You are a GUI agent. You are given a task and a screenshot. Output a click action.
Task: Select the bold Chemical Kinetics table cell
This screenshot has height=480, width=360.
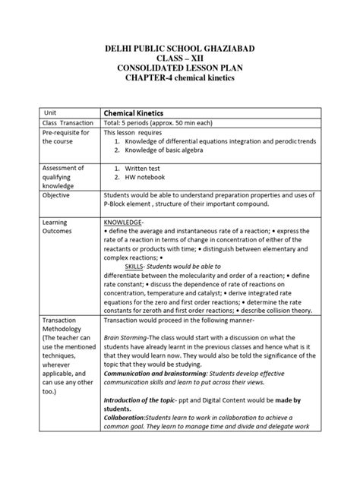(134, 112)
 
